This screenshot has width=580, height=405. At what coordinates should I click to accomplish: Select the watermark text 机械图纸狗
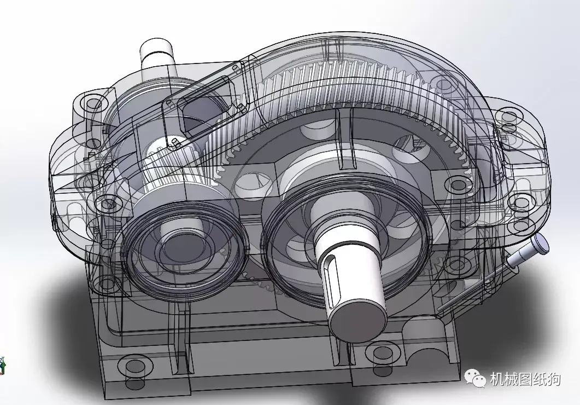525,378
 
